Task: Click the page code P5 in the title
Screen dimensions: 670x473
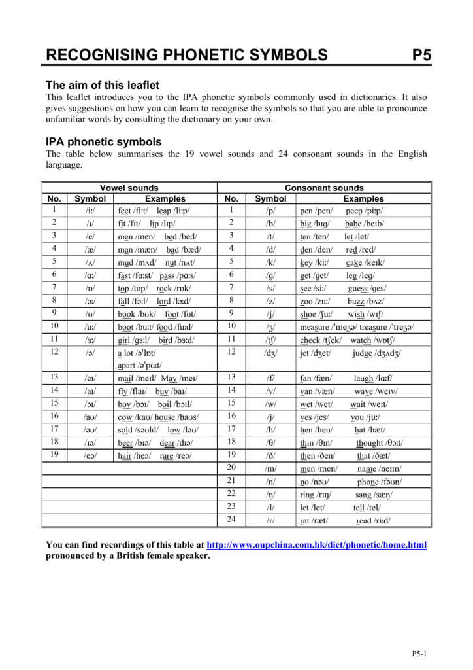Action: pos(422,54)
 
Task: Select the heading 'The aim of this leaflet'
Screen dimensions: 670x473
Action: pos(102,85)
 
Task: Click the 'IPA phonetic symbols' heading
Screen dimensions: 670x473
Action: pos(103,141)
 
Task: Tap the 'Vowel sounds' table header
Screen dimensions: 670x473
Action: pos(129,188)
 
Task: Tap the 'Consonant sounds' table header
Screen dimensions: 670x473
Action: pos(324,188)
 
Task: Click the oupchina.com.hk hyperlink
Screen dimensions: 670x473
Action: pos(316,545)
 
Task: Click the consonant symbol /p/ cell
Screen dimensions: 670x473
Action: pos(270,211)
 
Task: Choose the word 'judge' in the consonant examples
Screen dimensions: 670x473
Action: pos(362,353)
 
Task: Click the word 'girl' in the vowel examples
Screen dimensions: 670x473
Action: pos(124,340)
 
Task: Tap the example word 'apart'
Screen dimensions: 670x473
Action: pos(127,366)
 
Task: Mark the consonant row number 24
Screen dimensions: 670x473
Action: pos(231,520)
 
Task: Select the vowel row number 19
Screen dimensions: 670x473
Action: pos(54,454)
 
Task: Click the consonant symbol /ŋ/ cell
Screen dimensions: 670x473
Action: pos(270,494)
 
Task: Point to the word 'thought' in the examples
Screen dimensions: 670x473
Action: pos(370,442)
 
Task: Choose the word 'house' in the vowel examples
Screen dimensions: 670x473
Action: pos(165,417)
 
